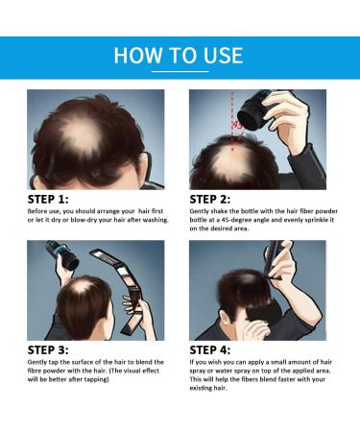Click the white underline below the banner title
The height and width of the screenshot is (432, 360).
pos(180,72)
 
